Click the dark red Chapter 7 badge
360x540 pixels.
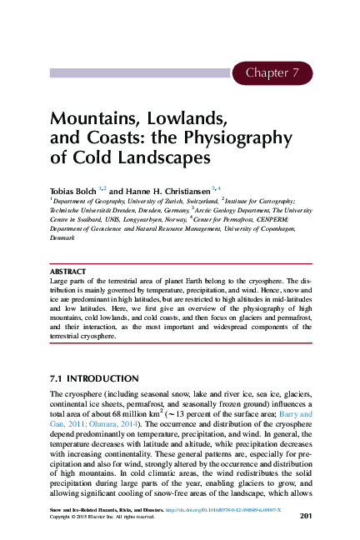pos(271,73)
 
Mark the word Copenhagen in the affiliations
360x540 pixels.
pos(273,228)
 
